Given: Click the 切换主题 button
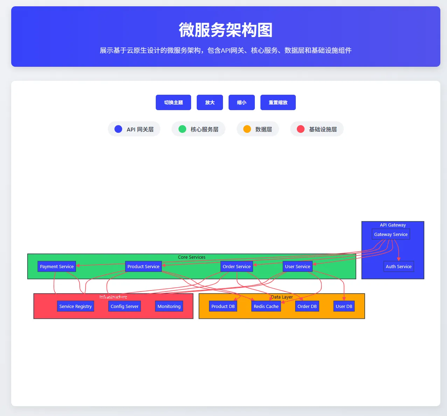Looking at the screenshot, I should point(173,102).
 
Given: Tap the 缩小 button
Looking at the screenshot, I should point(242,102).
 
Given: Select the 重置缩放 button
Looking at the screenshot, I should point(278,102).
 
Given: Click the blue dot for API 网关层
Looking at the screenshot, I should point(118,129).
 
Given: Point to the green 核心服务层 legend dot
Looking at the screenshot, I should point(182,129).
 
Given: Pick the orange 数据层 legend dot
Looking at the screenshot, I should point(247,129).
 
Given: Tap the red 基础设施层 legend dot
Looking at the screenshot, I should point(301,129).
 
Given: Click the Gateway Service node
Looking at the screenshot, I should point(391,234).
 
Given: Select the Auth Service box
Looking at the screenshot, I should point(398,266).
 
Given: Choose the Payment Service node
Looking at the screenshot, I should point(57,266).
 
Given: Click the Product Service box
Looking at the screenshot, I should point(143,266).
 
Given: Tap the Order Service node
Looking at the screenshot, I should point(237,266).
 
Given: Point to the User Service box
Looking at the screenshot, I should point(298,266).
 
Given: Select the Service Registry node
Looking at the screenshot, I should point(75,306).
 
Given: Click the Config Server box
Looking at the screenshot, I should point(124,306).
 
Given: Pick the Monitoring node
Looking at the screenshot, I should point(169,306).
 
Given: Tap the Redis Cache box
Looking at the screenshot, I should point(266,306).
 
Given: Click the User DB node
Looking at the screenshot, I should point(344,306).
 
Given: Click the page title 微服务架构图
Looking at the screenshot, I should point(225,30).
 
